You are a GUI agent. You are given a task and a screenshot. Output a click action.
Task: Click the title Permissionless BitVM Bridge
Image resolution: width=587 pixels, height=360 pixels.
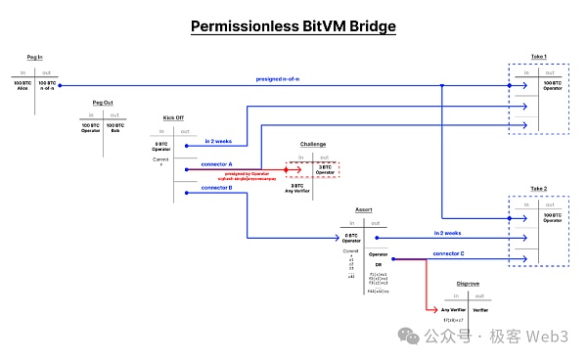pos(293,25)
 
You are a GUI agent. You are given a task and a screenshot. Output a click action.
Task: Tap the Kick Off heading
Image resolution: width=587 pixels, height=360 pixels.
pos(175,118)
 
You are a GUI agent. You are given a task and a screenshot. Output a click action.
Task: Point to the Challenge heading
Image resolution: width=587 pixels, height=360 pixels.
pos(313,144)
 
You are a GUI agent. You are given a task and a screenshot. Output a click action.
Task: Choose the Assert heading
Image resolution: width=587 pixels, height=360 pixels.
pos(363,209)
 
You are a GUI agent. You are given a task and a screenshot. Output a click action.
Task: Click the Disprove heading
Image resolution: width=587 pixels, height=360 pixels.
pos(468,284)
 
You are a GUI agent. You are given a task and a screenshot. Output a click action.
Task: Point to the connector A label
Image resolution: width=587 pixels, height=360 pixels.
pos(217,163)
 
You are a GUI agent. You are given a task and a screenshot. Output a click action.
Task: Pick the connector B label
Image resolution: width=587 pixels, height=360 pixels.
pos(217,187)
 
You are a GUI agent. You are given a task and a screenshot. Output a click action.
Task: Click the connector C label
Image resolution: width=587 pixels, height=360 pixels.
pos(448,253)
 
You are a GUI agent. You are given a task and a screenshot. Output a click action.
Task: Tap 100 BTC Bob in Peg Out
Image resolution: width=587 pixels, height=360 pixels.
pos(115,128)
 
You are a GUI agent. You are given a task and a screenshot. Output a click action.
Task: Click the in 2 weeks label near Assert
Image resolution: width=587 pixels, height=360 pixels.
pos(447,233)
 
